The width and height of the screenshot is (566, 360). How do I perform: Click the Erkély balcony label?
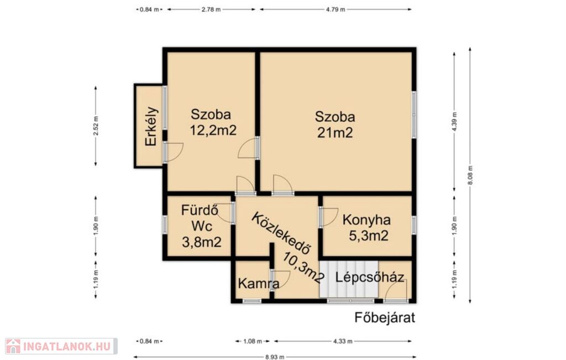[151, 126]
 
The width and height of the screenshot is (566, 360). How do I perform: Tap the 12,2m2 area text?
[213, 130]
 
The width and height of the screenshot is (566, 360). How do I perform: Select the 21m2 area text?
[335, 133]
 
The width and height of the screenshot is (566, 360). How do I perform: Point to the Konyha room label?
[366, 220]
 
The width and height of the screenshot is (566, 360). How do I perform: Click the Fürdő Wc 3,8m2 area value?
[201, 242]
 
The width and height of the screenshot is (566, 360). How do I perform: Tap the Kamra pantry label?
[259, 283]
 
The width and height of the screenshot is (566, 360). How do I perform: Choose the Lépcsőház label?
[370, 277]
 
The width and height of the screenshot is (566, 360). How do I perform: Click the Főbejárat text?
[385, 317]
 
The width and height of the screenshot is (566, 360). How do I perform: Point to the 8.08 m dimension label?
[470, 175]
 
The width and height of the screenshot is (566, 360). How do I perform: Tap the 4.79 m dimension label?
[336, 9]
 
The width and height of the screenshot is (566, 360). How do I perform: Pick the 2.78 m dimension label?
[211, 9]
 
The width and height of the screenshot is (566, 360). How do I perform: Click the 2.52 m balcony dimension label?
[96, 126]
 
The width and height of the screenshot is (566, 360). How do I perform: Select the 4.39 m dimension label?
[454, 121]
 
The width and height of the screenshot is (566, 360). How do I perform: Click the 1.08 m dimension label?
[252, 341]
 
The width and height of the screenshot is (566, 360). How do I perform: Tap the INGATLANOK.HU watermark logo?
[61, 346]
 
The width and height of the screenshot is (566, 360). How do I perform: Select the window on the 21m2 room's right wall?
[414, 114]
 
